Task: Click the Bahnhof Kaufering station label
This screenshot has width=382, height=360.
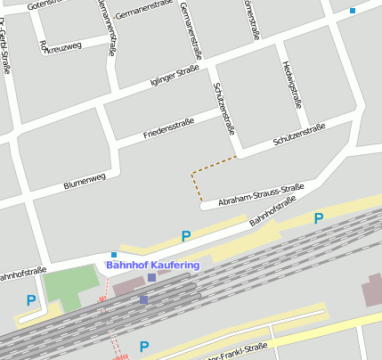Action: (153, 265)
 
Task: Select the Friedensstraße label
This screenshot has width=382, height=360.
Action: (167, 129)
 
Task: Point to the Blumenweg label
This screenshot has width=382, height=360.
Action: (85, 181)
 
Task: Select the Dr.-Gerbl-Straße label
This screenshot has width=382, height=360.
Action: (6, 62)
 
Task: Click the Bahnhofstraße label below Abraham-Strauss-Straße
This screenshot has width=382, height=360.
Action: (272, 211)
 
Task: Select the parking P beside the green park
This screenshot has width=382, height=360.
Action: (31, 300)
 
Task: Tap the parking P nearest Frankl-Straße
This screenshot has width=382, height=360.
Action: (144, 347)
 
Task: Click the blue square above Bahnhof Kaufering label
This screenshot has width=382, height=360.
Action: (114, 255)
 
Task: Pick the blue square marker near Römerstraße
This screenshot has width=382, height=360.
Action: (353, 11)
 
